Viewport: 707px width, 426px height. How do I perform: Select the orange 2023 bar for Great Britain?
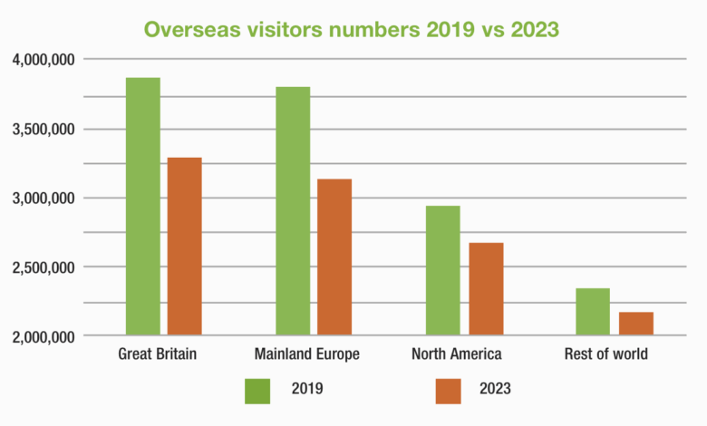pyautogui.click(x=185, y=247)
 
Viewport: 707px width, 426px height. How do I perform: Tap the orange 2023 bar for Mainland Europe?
pyautogui.click(x=334, y=257)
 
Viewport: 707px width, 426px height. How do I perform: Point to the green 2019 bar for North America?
pyautogui.click(x=443, y=271)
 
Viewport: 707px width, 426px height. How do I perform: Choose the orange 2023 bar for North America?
pyautogui.click(x=486, y=289)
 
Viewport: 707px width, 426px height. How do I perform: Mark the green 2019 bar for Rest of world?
pyautogui.click(x=593, y=312)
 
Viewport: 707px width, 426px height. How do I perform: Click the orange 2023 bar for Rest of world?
pyautogui.click(x=635, y=324)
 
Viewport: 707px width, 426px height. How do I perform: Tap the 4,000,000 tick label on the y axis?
pyautogui.click(x=44, y=60)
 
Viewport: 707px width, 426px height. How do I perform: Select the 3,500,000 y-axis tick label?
pyautogui.click(x=44, y=130)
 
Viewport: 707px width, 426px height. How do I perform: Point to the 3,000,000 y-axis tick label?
pyautogui.click(x=44, y=198)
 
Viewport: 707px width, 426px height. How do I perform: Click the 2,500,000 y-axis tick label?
pyautogui.click(x=44, y=268)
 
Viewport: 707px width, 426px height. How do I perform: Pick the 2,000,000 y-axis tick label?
pyautogui.click(x=44, y=337)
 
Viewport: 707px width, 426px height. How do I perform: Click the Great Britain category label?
pyautogui.click(x=158, y=354)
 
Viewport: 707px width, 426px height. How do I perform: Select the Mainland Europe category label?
pyautogui.click(x=308, y=354)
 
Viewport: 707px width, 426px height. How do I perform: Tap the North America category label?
pyautogui.click(x=456, y=354)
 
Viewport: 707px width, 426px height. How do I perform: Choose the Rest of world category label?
pyautogui.click(x=605, y=354)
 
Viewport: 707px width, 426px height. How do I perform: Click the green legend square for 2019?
pyautogui.click(x=258, y=391)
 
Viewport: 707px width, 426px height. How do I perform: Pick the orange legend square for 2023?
pyautogui.click(x=448, y=391)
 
